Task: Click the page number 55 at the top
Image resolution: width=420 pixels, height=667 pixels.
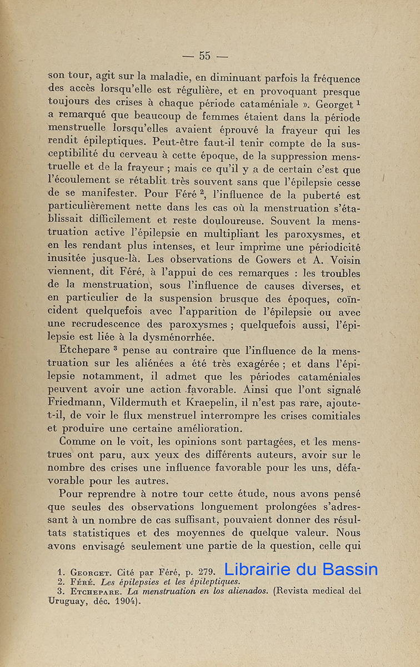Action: coord(205,56)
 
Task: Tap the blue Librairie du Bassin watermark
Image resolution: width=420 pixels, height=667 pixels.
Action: coord(301,569)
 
